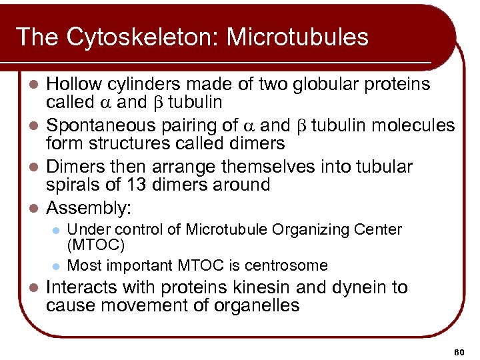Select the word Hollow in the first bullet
pyautogui.click(x=72, y=85)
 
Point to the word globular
pyautogui.click(x=323, y=85)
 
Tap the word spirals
pyautogui.click(x=71, y=185)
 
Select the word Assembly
pyautogui.click(x=85, y=209)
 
